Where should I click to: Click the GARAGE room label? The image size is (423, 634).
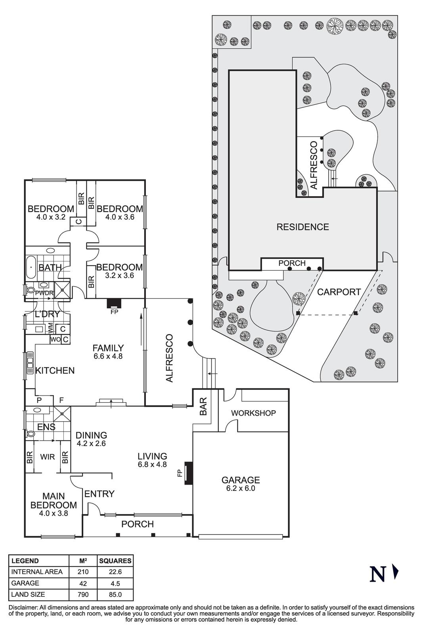pos(240,480)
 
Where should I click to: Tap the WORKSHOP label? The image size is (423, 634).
pos(253,413)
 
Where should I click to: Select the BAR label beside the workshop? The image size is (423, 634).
pos(204,409)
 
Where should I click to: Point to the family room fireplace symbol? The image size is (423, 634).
pos(114,303)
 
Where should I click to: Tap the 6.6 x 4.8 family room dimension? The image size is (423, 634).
pos(108,356)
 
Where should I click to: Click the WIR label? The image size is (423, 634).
pos(47,457)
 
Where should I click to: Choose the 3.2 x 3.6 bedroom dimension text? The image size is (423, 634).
pos(119,275)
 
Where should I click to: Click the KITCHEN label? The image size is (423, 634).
pos(55,370)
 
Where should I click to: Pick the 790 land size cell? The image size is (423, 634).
pos(83,594)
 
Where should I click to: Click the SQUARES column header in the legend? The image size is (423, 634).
pos(115,561)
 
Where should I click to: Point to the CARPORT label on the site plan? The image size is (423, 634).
pos(339,292)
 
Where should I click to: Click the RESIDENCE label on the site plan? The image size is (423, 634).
pos(302,227)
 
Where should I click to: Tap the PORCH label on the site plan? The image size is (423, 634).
pos(292,263)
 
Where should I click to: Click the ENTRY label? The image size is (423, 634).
pos(99,494)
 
